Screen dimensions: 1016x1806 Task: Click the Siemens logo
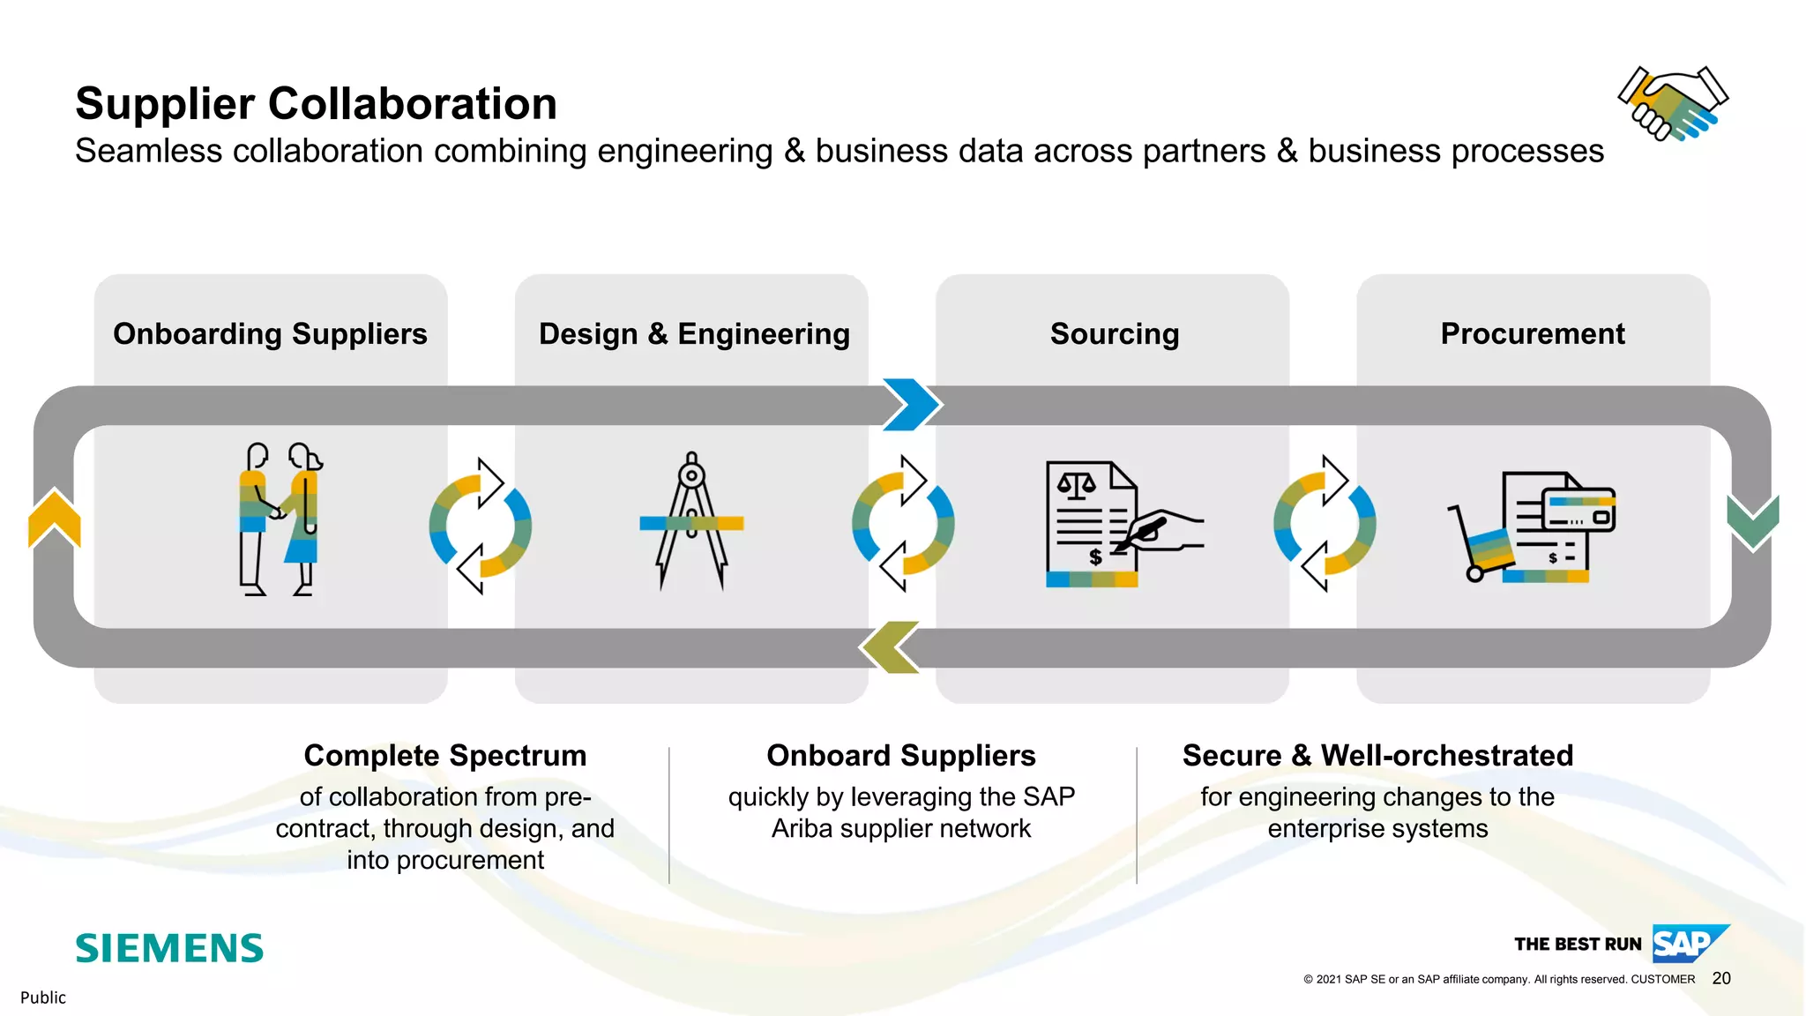[169, 948]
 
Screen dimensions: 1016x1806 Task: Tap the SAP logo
[1688, 944]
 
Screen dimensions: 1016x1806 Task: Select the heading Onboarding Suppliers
[270, 334]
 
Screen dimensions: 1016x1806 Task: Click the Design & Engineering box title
[694, 334]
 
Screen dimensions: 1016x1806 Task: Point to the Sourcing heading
[1114, 334]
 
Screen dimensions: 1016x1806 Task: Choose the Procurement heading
[1532, 334]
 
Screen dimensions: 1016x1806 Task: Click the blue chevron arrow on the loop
[913, 405]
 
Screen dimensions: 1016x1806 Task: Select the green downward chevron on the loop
[1752, 522]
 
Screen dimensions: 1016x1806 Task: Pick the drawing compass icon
[691, 520]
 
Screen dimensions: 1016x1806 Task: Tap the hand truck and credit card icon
[1532, 527]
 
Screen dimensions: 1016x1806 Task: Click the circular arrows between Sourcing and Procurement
[1325, 524]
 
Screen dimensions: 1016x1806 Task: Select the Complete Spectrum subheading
[444, 756]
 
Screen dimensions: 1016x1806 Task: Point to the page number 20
[1720, 978]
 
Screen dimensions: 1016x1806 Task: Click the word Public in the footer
[43, 997]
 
